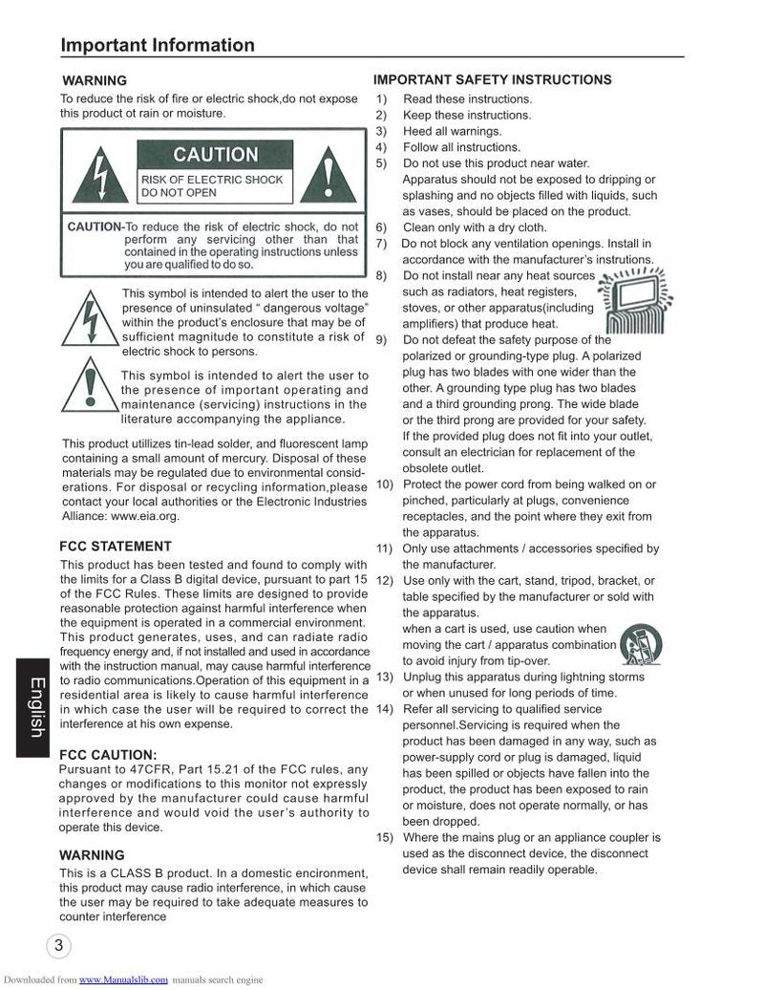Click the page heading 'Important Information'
[158, 45]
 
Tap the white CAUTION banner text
[216, 155]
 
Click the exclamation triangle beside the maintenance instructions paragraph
[90, 391]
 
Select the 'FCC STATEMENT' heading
[116, 547]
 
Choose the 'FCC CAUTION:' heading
[108, 754]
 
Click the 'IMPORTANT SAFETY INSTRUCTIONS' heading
[493, 80]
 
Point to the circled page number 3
[58, 946]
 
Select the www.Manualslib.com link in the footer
[123, 980]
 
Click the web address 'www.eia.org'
[145, 516]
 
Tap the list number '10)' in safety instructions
[385, 484]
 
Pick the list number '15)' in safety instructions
[385, 837]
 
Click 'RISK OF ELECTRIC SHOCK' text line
[212, 179]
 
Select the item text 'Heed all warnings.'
[452, 131]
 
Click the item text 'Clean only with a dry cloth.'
[475, 227]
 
